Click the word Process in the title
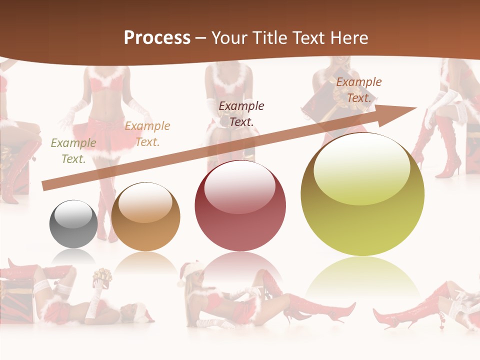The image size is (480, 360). (x=157, y=38)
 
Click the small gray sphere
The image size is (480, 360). (x=73, y=224)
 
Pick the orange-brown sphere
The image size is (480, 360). (x=145, y=216)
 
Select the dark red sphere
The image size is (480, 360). (x=240, y=206)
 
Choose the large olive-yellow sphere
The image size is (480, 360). (x=362, y=194)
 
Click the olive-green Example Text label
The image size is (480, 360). (x=73, y=151)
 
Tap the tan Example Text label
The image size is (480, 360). (x=147, y=134)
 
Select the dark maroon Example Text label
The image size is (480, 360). (x=241, y=113)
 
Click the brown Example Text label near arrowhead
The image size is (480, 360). (x=358, y=90)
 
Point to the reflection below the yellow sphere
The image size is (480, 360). (x=362, y=280)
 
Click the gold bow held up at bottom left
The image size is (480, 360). (x=102, y=275)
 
